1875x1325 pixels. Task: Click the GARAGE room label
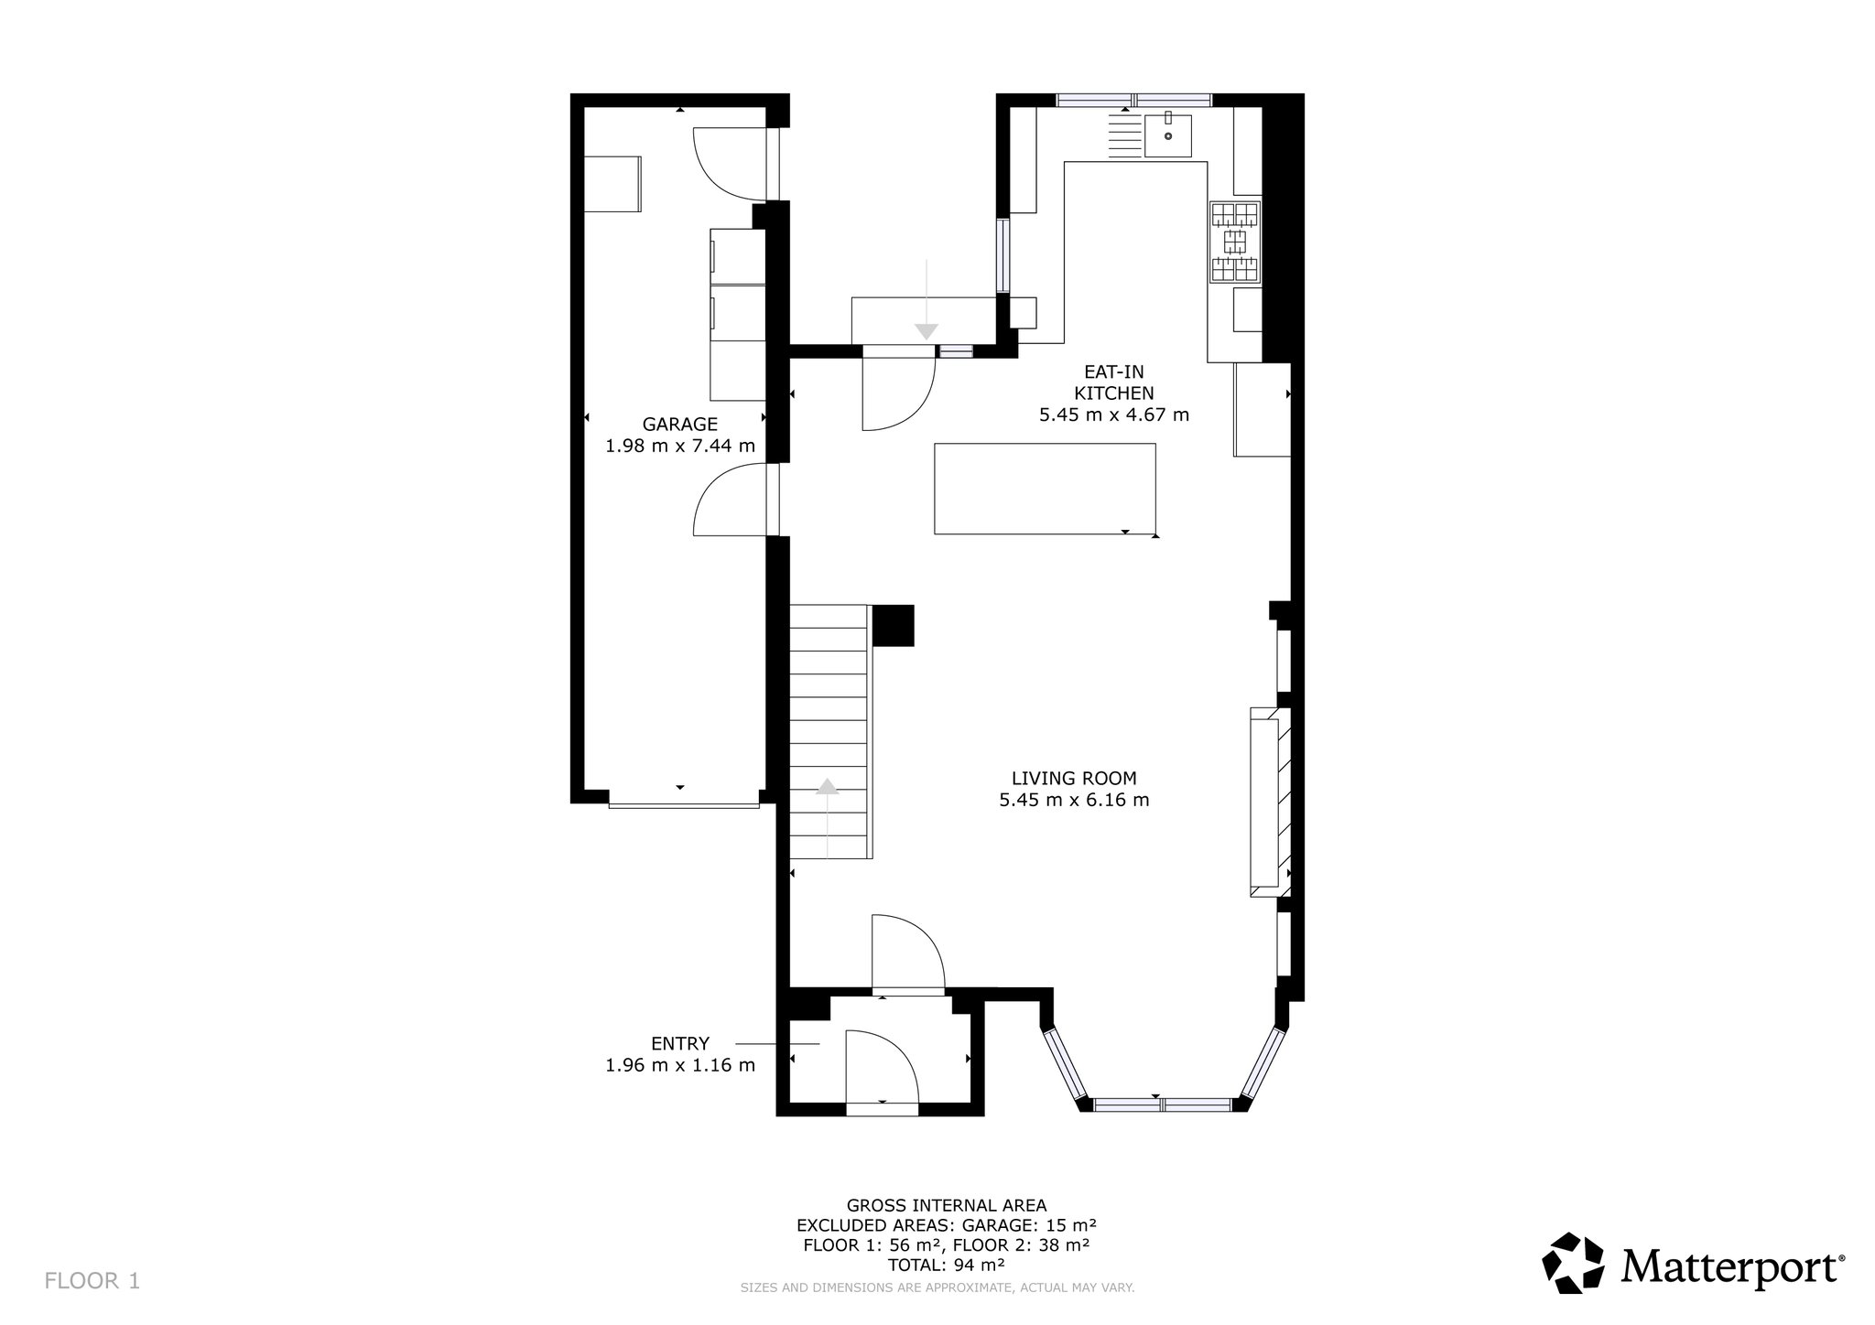tap(679, 425)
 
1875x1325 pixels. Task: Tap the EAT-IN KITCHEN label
tap(1113, 382)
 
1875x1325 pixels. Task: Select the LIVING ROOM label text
tap(1074, 779)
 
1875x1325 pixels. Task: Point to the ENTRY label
tap(680, 1043)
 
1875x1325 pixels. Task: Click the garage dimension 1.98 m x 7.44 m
tap(680, 447)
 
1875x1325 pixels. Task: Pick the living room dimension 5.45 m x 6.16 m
tap(1074, 801)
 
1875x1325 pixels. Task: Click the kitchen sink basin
tap(1168, 135)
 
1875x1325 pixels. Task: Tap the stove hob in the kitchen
tap(1235, 242)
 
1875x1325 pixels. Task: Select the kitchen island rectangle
tap(1045, 489)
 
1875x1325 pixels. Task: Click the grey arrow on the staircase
tap(828, 817)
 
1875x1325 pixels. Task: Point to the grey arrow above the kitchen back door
tap(927, 300)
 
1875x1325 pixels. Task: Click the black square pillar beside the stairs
tap(894, 626)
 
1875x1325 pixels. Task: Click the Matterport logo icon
tap(1574, 1264)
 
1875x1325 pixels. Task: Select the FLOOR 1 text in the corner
tap(92, 1281)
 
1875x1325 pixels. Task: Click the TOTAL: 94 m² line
tap(947, 1266)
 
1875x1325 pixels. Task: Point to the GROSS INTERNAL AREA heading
tap(947, 1206)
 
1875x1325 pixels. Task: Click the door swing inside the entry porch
tap(882, 1067)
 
